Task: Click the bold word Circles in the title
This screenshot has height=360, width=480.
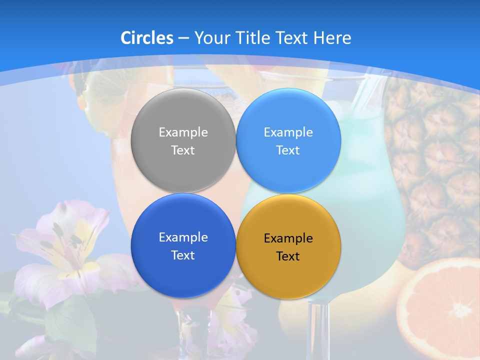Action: point(147,38)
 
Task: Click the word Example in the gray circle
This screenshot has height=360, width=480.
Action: point(183,132)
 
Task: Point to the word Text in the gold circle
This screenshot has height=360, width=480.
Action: point(288,256)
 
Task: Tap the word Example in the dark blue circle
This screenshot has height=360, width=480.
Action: point(183,237)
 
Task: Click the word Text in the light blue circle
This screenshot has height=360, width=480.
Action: point(288,150)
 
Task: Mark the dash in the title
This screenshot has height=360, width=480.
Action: point(183,38)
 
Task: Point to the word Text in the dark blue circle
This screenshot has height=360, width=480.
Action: point(183,255)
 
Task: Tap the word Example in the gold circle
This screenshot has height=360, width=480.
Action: point(288,238)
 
